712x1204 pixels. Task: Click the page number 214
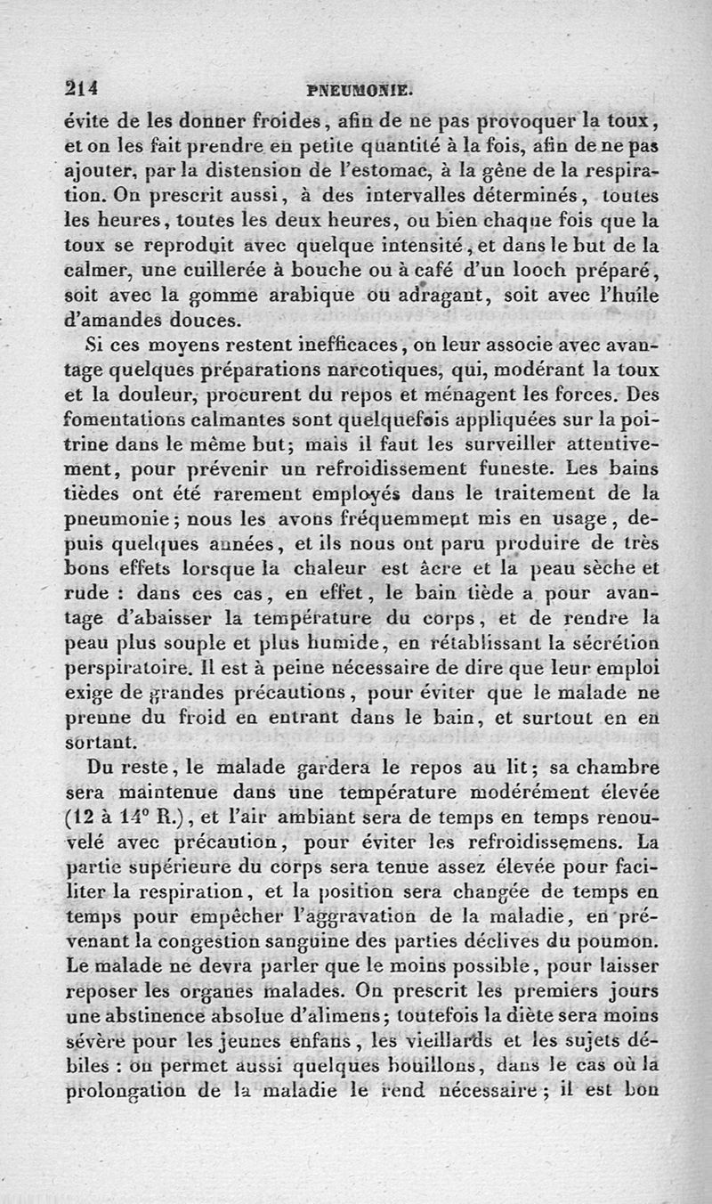pos(81,88)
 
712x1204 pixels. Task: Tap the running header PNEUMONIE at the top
pos(356,90)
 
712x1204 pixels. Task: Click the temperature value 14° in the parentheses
pos(137,818)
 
